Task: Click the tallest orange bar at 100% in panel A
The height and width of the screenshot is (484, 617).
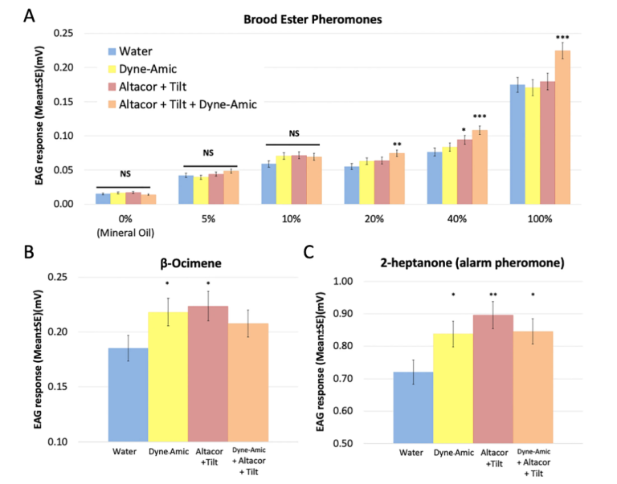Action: pyautogui.click(x=562, y=128)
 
